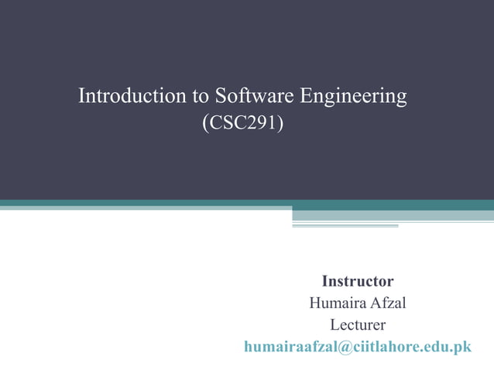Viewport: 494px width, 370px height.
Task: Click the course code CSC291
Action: tap(242, 123)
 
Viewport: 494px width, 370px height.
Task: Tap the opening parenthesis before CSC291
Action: tap(204, 123)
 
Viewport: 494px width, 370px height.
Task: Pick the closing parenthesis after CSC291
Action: tap(280, 123)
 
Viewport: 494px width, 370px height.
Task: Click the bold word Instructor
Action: tap(358, 281)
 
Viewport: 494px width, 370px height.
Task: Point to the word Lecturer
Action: tap(358, 324)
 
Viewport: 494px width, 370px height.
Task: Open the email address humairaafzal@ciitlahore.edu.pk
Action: tap(358, 347)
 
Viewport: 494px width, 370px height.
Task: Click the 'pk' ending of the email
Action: tap(463, 347)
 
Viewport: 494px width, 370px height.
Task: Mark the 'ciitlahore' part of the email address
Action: tap(384, 347)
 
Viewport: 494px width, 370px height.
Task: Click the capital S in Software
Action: tap(220, 97)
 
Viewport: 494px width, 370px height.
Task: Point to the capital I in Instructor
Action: tap(325, 281)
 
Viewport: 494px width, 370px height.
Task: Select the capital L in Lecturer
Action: tap(334, 324)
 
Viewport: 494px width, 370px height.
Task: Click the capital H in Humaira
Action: tap(314, 303)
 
